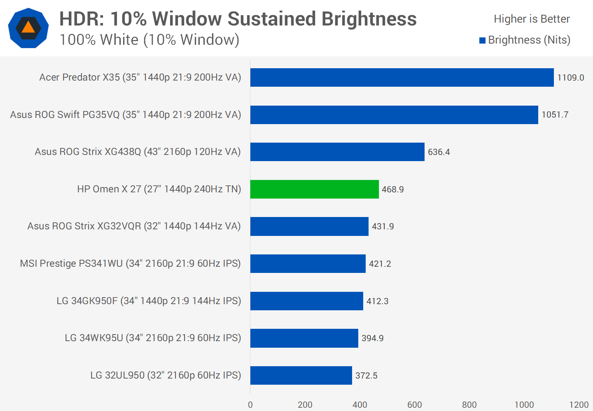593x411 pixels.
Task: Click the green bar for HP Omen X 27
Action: [314, 189]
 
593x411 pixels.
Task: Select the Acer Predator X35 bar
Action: [402, 77]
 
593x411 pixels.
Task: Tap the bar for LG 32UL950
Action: [301, 375]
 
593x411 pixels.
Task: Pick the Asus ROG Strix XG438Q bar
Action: [337, 152]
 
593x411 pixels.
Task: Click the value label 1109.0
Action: [570, 78]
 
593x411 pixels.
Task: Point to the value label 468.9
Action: [392, 189]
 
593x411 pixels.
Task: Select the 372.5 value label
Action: [366, 376]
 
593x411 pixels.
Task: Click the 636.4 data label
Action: [439, 152]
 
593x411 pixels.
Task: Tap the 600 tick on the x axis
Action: [414, 405]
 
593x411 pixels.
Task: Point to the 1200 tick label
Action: [579, 405]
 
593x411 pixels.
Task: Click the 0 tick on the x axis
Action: [250, 405]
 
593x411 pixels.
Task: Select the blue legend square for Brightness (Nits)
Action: [482, 40]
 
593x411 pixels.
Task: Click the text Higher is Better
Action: [532, 19]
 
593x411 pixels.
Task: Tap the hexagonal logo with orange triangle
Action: [28, 28]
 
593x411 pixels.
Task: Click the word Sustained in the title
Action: [272, 19]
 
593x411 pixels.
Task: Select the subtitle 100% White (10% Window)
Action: [149, 40]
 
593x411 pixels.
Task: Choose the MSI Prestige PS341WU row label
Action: [130, 263]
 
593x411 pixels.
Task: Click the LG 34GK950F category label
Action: [149, 301]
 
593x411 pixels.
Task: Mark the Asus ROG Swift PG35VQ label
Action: [126, 115]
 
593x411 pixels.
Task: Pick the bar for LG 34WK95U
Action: [304, 338]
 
